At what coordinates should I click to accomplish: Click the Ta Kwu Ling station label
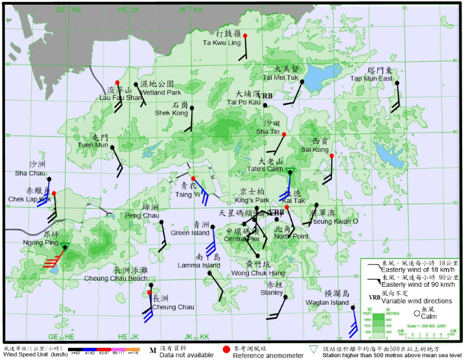tap(221, 43)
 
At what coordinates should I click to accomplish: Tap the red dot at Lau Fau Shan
tap(117, 83)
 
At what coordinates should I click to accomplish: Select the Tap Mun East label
tap(371, 79)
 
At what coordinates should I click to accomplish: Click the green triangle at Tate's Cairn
tap(291, 170)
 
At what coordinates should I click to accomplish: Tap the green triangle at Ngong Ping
tap(65, 247)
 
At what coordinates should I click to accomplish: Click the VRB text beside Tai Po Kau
tap(266, 95)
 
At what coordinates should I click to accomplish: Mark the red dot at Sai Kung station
tap(331, 156)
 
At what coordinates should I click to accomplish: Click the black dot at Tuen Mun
tap(112, 147)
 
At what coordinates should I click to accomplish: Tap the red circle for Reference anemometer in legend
tap(226, 350)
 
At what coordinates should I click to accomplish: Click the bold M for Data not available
tap(153, 350)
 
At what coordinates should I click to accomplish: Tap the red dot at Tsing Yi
tap(193, 178)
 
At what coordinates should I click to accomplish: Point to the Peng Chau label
tap(142, 216)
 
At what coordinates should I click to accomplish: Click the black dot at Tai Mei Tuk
tap(302, 82)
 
